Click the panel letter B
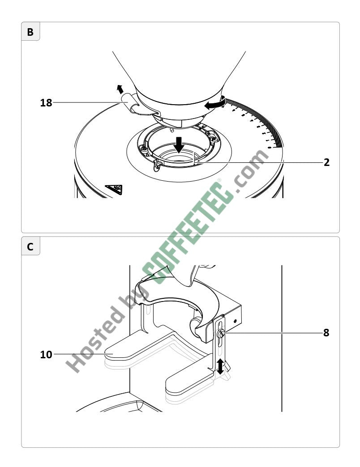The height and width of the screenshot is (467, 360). coord(30,32)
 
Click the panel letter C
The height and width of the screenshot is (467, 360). coord(30,247)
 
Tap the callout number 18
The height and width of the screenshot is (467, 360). coord(46,103)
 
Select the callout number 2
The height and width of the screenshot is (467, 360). coord(326,162)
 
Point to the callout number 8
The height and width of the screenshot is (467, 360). coord(326,332)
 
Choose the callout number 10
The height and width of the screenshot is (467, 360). coord(46,354)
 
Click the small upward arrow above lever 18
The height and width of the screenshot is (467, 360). coord(120,89)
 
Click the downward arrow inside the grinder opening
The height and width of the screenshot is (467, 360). coord(179,145)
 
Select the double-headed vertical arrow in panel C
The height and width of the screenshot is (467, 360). coord(220,366)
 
